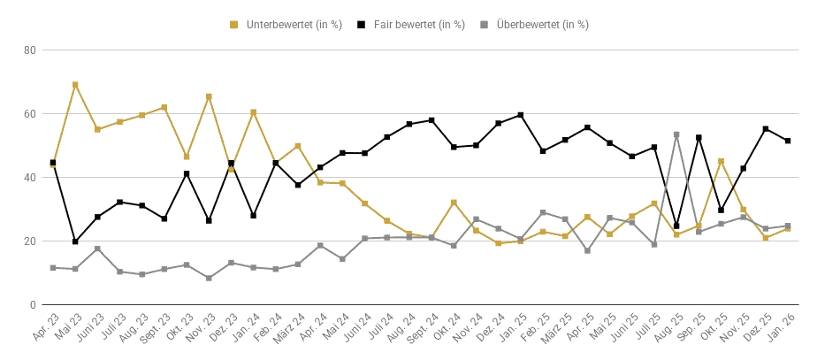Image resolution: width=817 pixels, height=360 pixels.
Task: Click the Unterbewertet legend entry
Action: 286,25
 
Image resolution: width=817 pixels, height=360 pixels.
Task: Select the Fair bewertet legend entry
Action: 410,25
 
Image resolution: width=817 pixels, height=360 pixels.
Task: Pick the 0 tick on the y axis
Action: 33,305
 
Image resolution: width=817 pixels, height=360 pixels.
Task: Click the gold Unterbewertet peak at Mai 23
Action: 75,84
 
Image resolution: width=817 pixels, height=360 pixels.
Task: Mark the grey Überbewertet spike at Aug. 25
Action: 676,134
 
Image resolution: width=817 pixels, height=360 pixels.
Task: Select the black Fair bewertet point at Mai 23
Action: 75,241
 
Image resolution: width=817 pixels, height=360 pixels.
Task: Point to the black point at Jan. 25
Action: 521,115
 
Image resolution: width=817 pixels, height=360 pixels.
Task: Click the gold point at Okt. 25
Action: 721,162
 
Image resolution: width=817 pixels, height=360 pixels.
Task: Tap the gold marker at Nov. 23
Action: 209,96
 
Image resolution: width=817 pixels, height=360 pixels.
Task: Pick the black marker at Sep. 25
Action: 699,137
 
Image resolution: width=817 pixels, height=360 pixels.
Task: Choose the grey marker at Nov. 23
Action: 209,279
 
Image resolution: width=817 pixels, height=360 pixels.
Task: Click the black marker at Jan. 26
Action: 788,141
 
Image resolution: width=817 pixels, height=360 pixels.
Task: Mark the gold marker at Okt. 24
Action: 454,203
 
